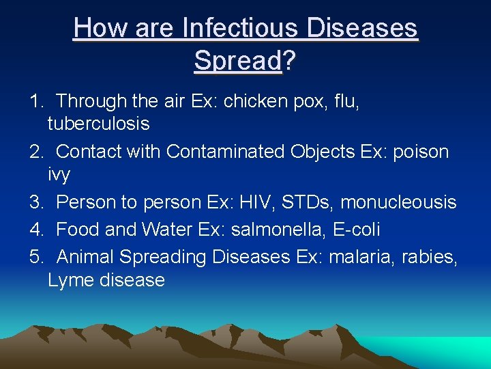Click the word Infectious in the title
(x=240, y=29)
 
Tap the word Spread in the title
(x=237, y=60)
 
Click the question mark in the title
(x=289, y=60)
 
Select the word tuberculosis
(x=99, y=124)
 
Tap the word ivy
(x=59, y=174)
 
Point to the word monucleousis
(x=398, y=202)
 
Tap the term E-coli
(x=357, y=230)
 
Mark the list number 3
(x=35, y=202)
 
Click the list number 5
(x=35, y=257)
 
